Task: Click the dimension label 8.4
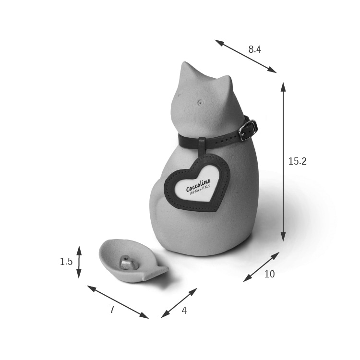click(x=254, y=49)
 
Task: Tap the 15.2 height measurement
click(x=297, y=161)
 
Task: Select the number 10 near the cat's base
click(x=270, y=274)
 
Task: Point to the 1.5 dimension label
click(x=66, y=262)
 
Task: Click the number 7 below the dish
click(x=112, y=310)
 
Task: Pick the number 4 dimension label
click(x=184, y=311)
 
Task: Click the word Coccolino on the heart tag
click(x=198, y=185)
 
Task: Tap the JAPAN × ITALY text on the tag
click(x=200, y=190)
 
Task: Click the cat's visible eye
click(x=201, y=102)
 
